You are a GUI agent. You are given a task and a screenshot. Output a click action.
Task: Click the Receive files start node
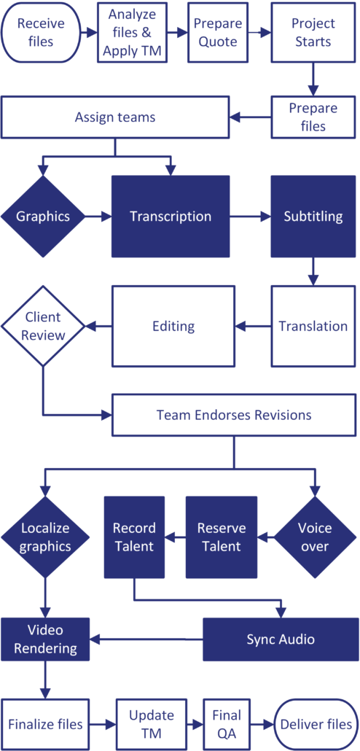42,33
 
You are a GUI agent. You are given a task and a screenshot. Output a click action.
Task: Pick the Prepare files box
314,117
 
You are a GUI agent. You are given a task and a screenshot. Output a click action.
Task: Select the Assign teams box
115,117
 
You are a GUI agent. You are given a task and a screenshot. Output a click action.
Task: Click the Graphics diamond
43,217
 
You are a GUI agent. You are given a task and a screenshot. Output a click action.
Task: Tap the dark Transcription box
171,217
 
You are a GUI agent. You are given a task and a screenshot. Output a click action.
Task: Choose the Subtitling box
314,217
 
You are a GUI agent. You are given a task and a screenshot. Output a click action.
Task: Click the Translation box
314,326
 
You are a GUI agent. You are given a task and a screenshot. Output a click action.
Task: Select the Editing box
173,326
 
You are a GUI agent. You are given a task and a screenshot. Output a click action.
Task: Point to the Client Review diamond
43,326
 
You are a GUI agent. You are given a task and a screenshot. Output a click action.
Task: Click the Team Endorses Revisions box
233,415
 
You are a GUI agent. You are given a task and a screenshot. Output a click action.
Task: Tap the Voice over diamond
315,537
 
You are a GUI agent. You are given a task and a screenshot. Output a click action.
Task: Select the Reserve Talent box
222,537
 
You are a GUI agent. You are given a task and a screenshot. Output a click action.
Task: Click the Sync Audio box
281,639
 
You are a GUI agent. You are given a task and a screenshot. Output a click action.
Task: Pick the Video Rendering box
45,639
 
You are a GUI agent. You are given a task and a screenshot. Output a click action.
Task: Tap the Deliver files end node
316,724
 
